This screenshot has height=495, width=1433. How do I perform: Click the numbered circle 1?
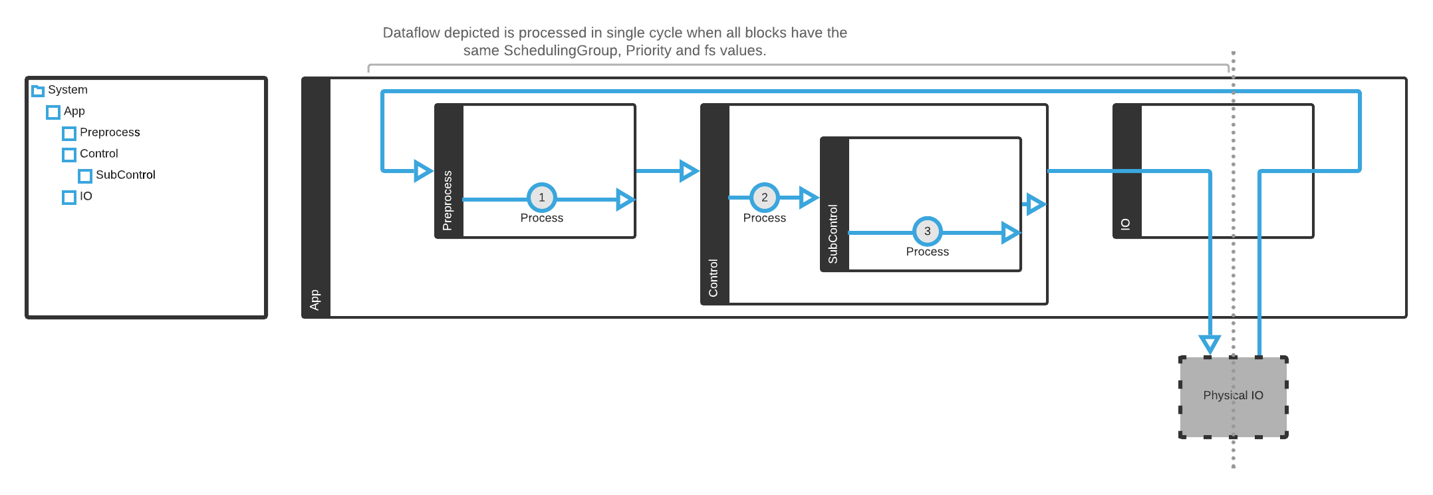tap(542, 198)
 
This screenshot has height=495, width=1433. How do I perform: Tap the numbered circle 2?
tap(765, 198)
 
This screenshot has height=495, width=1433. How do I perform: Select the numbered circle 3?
tap(927, 232)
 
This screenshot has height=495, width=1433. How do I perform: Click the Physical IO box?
tap(1234, 397)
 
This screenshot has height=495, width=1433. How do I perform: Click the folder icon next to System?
tap(38, 90)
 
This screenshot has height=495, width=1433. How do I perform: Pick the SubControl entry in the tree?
tap(125, 175)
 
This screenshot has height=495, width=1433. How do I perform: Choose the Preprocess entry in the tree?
tap(110, 132)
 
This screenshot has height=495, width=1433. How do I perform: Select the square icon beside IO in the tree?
tap(69, 197)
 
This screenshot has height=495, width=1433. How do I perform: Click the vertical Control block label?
tap(714, 278)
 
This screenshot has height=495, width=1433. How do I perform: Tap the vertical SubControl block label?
tap(833, 234)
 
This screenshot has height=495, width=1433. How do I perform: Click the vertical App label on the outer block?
tap(315, 299)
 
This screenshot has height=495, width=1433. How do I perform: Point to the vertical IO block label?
tap(1125, 224)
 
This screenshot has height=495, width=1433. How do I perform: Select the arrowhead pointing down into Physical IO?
tap(1210, 344)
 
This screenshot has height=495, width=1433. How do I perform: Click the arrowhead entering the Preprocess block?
tap(422, 171)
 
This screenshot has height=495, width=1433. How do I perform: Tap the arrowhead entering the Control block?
tap(688, 171)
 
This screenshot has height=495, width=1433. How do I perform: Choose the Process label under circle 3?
tap(927, 252)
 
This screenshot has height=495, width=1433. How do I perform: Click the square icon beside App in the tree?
tap(53, 112)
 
